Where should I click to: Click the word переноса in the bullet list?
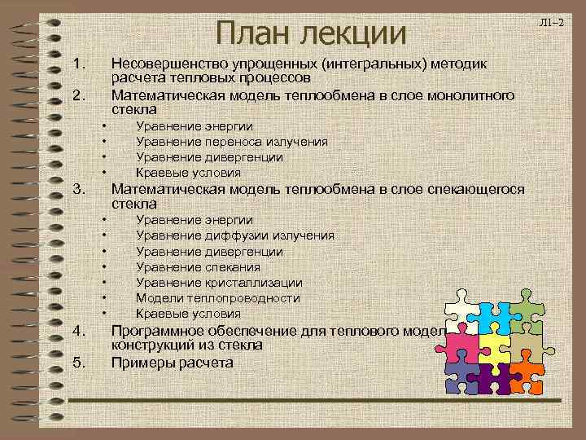click(219, 142)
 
